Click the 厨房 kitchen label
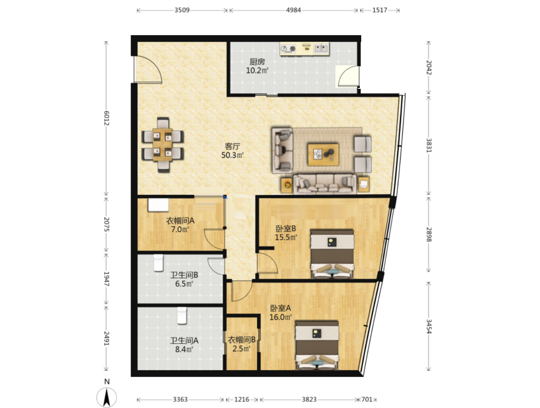[257, 62]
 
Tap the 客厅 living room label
[232, 147]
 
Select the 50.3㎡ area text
[232, 156]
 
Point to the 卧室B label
[286, 229]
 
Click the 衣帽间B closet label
[242, 340]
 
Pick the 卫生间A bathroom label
[184, 340]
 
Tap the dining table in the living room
[163, 145]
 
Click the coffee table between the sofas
[323, 155]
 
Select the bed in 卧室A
[317, 345]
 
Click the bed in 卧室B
[332, 253]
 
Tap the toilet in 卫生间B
[158, 263]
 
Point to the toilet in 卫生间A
[182, 316]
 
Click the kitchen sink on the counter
[321, 49]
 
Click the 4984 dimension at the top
[293, 10]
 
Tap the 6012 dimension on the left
[107, 118]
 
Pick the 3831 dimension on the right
[429, 146]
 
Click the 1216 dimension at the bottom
[242, 399]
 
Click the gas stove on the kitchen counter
[288, 49]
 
